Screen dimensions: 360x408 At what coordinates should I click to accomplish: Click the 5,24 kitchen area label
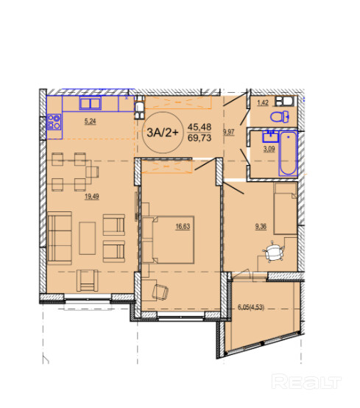click(90, 122)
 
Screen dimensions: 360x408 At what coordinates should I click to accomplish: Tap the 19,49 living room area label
click(91, 197)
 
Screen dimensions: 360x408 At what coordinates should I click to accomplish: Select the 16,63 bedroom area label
click(183, 226)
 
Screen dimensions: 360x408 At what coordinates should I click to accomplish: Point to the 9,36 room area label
click(261, 226)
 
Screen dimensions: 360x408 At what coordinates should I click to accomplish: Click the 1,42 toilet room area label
click(263, 103)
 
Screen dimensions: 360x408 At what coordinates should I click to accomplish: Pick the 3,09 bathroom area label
click(269, 149)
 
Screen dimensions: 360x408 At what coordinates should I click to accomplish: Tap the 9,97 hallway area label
click(229, 132)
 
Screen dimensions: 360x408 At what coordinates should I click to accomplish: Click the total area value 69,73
click(200, 138)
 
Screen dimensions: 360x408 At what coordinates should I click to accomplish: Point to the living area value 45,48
click(200, 127)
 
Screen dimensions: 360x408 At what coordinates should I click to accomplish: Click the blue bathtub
click(288, 153)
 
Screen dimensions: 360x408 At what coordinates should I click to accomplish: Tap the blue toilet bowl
click(280, 117)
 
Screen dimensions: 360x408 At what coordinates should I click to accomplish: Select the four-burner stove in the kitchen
click(54, 122)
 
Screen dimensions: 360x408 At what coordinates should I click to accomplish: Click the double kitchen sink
click(91, 104)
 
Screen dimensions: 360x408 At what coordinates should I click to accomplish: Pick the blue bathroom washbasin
click(270, 136)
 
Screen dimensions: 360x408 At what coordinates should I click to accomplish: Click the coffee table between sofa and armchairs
click(88, 238)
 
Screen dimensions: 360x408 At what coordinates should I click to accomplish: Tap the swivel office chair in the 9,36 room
click(273, 252)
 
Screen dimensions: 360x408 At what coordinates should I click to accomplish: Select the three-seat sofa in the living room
click(60, 238)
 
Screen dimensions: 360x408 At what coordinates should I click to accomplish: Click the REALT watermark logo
click(306, 381)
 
